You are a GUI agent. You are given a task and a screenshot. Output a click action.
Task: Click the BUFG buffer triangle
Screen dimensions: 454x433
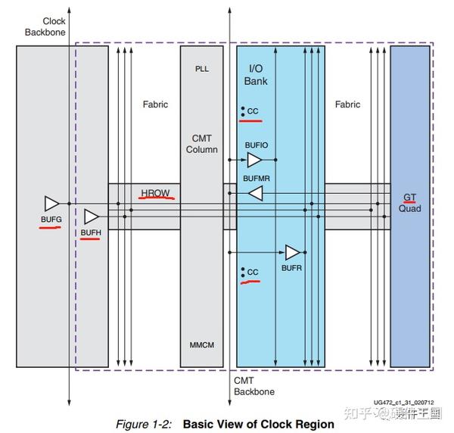(51, 204)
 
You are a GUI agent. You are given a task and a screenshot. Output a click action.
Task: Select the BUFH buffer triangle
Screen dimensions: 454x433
(92, 216)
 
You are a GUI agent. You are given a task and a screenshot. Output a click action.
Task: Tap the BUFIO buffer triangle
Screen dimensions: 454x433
(254, 160)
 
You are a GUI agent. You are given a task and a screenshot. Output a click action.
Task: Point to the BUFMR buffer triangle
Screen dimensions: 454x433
(256, 193)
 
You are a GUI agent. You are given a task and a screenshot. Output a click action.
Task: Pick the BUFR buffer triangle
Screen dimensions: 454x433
(292, 252)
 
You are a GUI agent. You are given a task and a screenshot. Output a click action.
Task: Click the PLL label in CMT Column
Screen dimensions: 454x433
(202, 69)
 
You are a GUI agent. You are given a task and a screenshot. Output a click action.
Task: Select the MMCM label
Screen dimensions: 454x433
(202, 345)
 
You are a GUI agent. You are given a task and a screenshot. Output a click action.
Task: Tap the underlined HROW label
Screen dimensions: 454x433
(155, 193)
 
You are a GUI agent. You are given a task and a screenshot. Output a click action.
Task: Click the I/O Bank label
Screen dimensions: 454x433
(256, 75)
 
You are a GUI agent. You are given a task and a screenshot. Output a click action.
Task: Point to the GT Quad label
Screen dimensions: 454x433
(409, 203)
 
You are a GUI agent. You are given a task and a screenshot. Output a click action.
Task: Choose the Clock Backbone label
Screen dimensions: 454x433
(45, 26)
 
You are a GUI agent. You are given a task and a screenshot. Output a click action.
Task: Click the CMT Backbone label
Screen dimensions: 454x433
(254, 386)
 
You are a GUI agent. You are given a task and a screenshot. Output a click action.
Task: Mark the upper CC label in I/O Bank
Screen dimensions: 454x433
(253, 111)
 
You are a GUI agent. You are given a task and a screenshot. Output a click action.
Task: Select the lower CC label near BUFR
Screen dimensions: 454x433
(253, 273)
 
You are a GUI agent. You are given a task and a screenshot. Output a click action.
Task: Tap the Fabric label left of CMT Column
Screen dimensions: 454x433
(155, 104)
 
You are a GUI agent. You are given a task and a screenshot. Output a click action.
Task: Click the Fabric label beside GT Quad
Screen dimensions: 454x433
(347, 104)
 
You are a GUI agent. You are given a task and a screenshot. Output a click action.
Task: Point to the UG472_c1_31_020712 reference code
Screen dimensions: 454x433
(403, 402)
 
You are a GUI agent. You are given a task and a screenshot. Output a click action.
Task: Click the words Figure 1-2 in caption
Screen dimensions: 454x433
(144, 425)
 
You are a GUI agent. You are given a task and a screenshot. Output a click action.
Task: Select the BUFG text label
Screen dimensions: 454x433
(51, 220)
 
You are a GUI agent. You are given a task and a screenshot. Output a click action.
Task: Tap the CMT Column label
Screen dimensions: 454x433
(202, 144)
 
